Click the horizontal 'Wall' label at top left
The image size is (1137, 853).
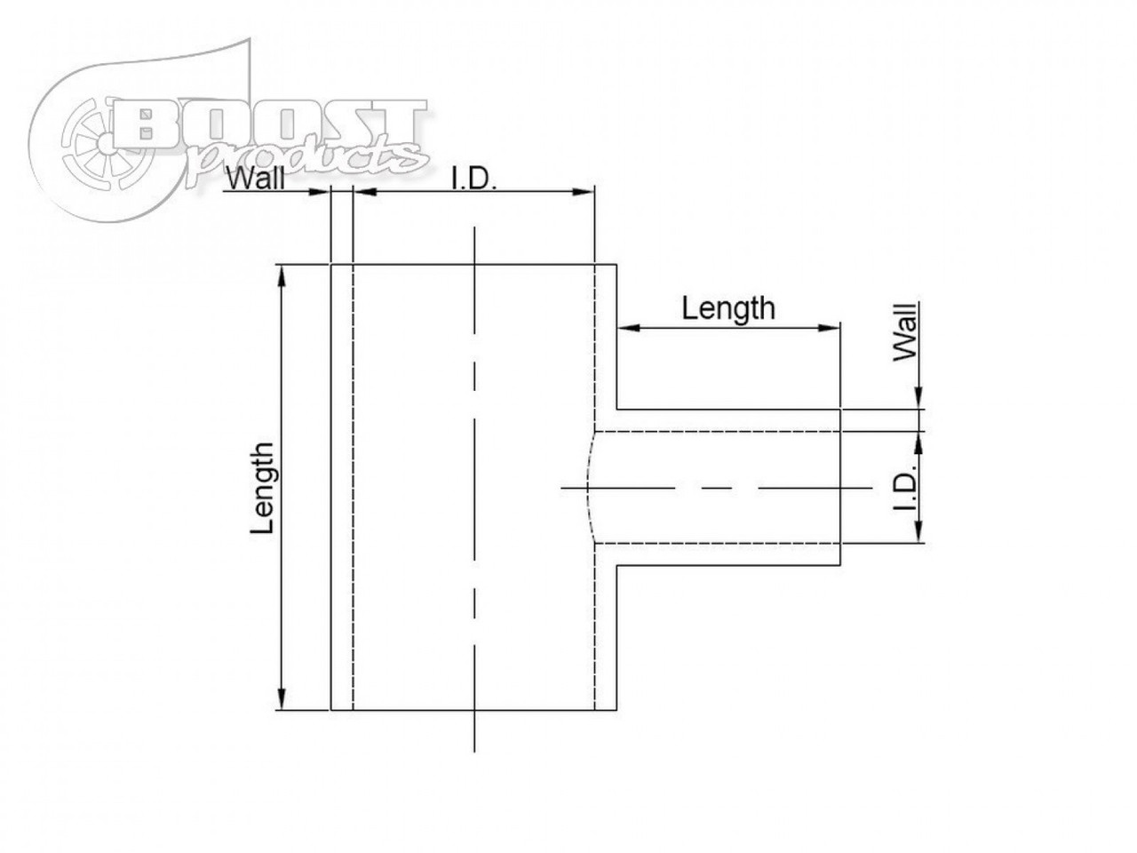tap(256, 179)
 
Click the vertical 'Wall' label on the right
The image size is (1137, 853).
tap(906, 332)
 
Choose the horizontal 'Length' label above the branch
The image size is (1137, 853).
tap(728, 308)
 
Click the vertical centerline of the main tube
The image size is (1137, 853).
tap(475, 489)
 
